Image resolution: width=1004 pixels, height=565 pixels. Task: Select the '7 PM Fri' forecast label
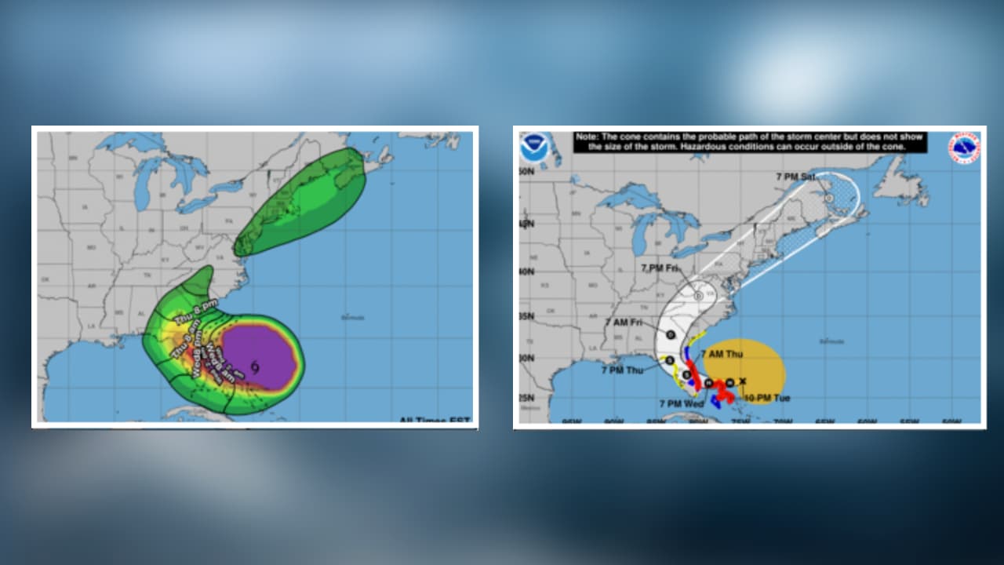tap(659, 268)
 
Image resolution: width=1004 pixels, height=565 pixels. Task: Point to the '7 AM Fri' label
tap(624, 323)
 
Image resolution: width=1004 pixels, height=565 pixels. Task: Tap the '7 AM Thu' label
tap(722, 355)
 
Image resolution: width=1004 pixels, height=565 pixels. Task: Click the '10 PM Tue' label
tap(766, 399)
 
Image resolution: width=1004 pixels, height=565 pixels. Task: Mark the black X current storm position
tap(743, 381)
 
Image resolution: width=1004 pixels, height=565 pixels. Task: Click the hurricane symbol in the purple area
tap(256, 366)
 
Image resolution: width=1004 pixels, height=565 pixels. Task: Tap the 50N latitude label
tap(526, 170)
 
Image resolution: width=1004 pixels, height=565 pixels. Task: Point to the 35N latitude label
tap(526, 316)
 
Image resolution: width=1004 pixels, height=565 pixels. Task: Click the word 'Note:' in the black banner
tap(587, 137)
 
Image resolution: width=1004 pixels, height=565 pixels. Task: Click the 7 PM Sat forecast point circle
tap(829, 199)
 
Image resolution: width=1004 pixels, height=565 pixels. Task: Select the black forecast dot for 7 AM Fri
tap(671, 335)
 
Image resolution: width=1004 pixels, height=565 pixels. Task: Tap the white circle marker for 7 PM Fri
tap(698, 296)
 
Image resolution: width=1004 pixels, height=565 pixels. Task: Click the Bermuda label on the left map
tap(353, 317)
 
